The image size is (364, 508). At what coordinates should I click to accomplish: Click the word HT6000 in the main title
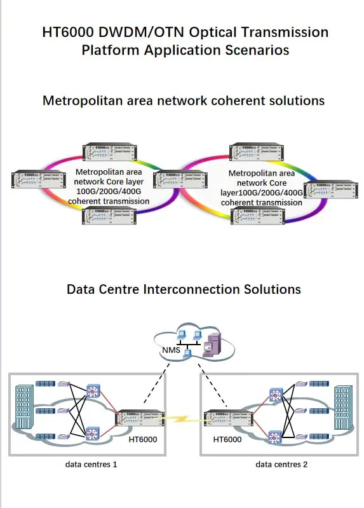coord(69,32)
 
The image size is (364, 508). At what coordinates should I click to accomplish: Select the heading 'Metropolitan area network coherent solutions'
coord(183,100)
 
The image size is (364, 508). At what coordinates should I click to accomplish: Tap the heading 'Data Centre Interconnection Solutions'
coord(183,289)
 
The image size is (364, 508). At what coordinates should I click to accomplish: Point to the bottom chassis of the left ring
coord(109,216)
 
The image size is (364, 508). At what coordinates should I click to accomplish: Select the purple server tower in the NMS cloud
coord(212,344)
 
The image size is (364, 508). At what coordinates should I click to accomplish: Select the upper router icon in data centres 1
coord(93,392)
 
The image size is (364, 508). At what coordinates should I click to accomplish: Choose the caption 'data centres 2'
coord(281,465)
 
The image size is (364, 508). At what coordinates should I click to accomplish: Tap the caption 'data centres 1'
coord(91,465)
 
